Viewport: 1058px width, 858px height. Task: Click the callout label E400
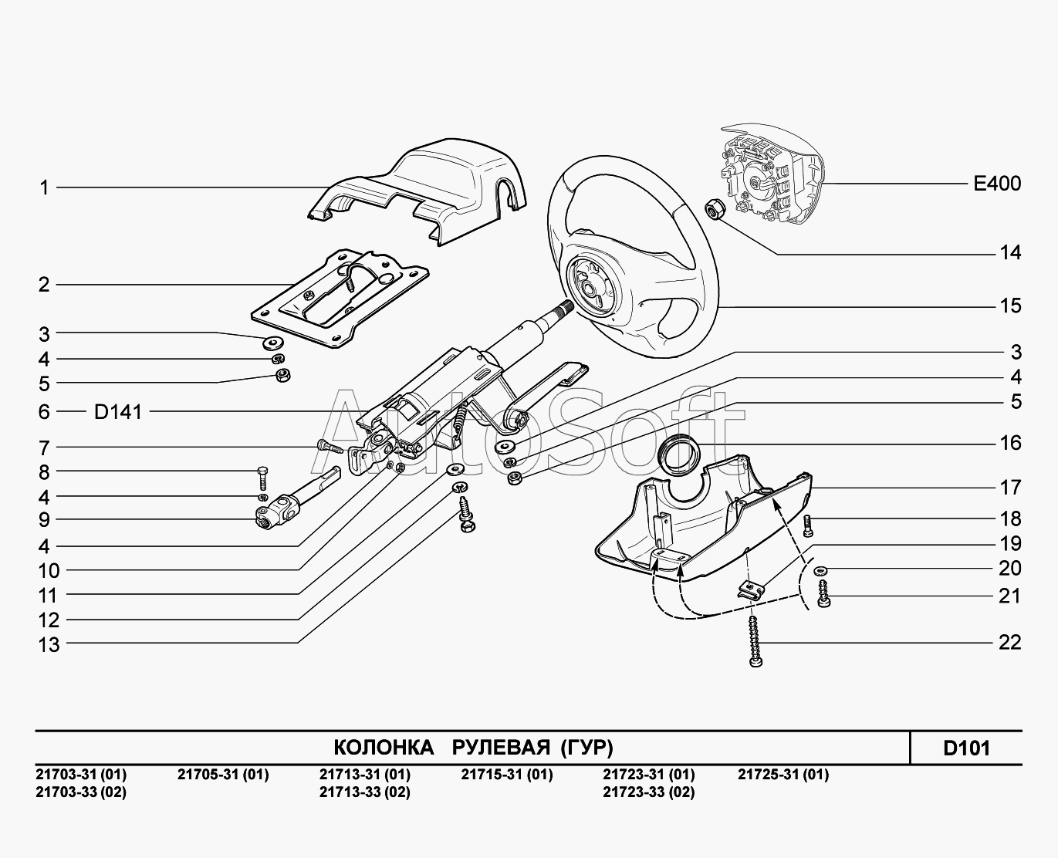(996, 184)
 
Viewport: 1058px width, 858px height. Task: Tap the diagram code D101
(966, 748)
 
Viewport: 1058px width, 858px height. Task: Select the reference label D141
(118, 412)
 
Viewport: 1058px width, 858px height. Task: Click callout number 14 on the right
(1009, 253)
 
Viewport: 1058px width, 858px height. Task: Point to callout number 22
(1009, 643)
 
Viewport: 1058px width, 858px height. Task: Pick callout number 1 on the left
(45, 187)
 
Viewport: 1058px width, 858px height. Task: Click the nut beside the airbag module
(714, 208)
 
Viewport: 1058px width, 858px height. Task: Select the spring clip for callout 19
(749, 589)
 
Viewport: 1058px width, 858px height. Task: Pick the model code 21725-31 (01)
(783, 775)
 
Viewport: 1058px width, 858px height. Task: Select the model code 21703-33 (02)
(81, 792)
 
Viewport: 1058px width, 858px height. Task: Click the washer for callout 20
(820, 570)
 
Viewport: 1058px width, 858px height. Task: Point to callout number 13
(49, 644)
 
